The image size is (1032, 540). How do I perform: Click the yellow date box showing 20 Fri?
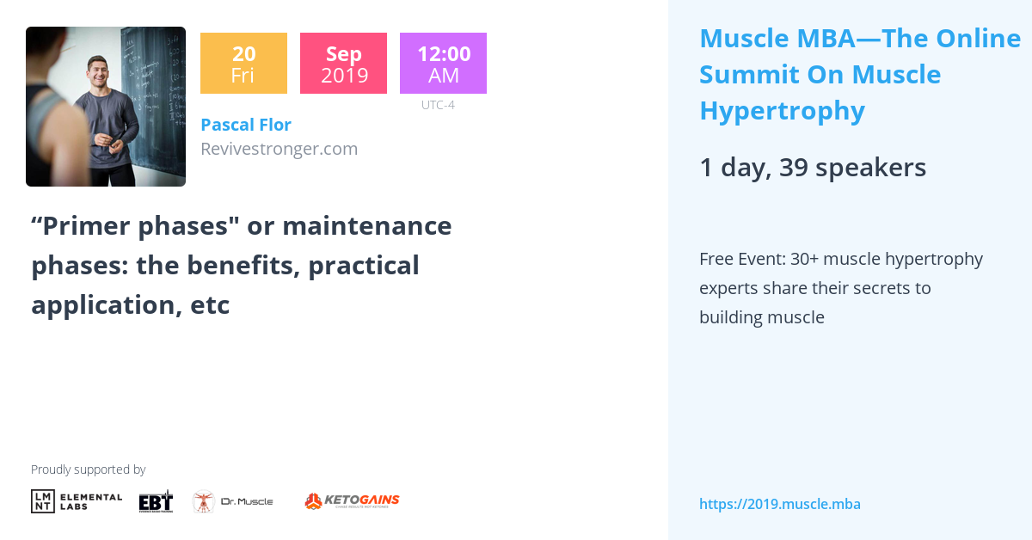click(243, 64)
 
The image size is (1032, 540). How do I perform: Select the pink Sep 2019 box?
click(343, 64)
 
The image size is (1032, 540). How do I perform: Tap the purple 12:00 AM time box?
click(443, 64)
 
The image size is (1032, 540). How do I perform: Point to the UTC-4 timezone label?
click(438, 105)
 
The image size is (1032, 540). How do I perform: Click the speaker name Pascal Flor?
click(245, 125)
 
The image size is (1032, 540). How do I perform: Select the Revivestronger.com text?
click(279, 149)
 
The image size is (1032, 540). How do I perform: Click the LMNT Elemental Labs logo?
click(77, 501)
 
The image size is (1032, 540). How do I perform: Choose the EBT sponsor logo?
click(156, 501)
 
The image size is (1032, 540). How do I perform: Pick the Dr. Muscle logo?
click(232, 501)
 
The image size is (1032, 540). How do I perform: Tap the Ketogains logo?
click(352, 500)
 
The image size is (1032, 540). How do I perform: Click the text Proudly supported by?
click(88, 469)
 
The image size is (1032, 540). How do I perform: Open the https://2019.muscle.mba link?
click(779, 504)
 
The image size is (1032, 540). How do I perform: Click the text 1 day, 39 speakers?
click(812, 168)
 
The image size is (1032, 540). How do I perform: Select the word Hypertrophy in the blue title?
click(782, 111)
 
